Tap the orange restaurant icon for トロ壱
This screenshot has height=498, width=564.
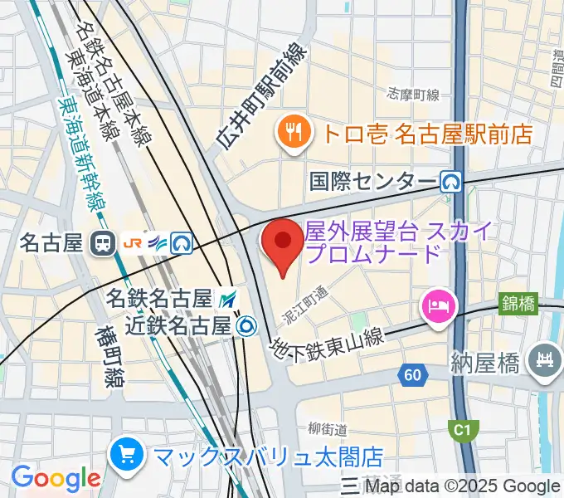click(x=294, y=130)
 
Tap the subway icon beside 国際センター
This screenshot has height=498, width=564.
click(x=451, y=181)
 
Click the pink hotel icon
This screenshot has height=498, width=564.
click(x=438, y=306)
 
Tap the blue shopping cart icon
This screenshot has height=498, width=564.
click(x=128, y=456)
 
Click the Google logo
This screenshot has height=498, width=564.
click(x=56, y=478)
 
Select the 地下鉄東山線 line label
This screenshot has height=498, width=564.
click(x=327, y=339)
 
